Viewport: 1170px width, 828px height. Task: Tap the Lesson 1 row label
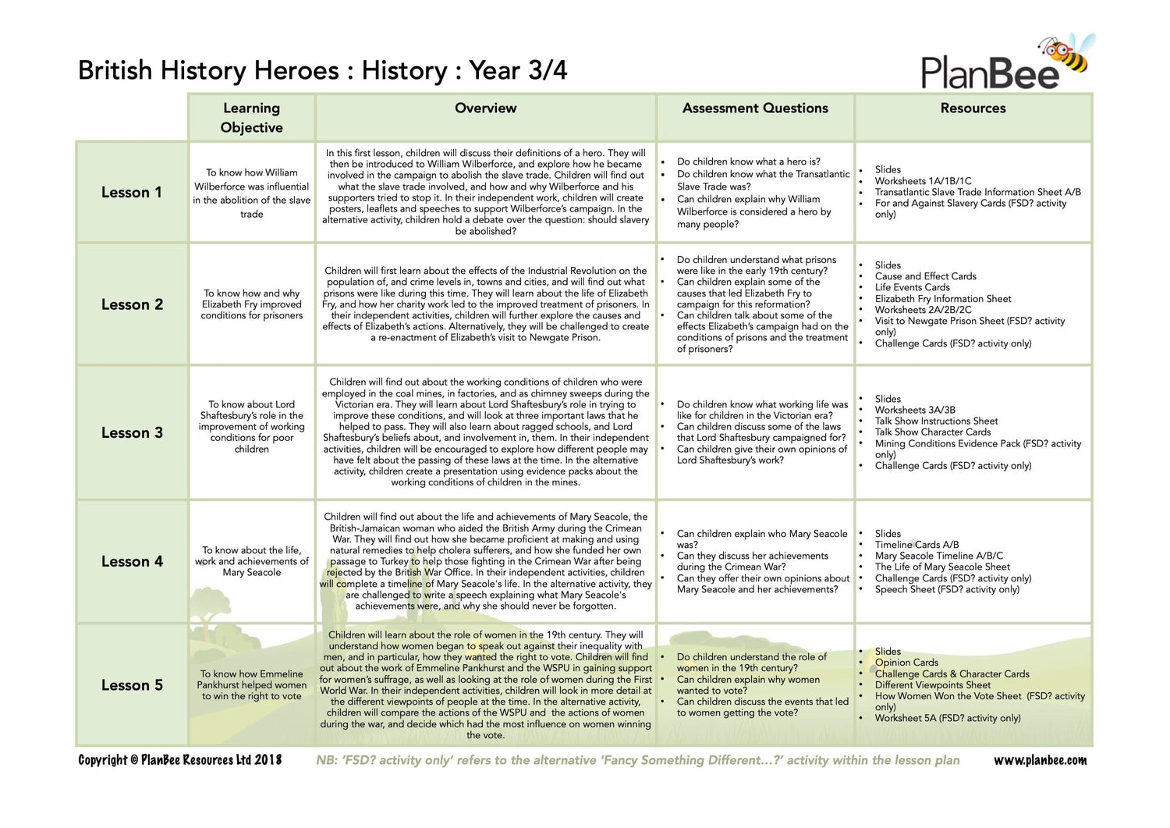click(132, 193)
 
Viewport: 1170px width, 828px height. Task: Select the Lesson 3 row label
click(132, 433)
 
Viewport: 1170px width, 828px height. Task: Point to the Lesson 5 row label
click(132, 685)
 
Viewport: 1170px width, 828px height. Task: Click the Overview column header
click(485, 108)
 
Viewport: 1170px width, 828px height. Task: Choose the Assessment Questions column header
click(755, 108)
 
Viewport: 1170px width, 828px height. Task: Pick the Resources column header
click(973, 108)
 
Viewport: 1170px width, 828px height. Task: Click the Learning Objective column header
click(251, 118)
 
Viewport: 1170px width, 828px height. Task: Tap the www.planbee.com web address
click(1040, 760)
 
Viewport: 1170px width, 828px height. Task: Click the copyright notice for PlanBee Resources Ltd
click(180, 760)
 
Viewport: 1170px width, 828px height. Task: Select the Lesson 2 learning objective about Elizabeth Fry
click(252, 304)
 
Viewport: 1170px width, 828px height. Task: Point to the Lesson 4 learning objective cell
click(252, 561)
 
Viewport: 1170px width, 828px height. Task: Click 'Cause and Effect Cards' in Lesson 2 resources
click(925, 276)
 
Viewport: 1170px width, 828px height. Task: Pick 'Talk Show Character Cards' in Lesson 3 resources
click(933, 432)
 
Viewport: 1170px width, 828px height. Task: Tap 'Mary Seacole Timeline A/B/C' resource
click(939, 556)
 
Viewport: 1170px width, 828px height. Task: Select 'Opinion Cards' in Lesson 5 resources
click(906, 663)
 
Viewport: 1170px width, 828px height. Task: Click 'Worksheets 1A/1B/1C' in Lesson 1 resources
click(923, 181)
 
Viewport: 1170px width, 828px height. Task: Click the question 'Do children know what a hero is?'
click(748, 162)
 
